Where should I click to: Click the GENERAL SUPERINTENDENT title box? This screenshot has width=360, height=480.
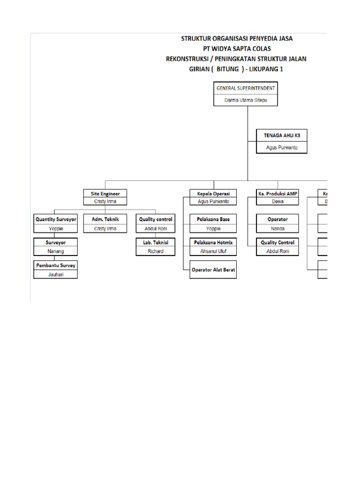point(246,88)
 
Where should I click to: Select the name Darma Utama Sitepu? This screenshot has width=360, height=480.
point(246,100)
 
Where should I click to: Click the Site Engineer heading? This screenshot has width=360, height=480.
point(105,193)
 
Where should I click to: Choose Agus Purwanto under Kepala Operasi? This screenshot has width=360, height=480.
point(214,202)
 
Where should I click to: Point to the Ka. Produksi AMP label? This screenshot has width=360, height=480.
point(277,193)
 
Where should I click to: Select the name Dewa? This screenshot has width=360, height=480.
point(277,202)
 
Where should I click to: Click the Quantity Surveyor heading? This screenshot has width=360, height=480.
point(55,219)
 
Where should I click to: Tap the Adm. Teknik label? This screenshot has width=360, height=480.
point(105,219)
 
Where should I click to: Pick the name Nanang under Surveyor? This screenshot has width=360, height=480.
point(55,251)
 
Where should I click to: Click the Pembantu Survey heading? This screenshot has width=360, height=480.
point(55,265)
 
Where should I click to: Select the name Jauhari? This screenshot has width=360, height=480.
point(55,274)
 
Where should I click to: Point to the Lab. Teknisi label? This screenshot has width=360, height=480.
point(156,242)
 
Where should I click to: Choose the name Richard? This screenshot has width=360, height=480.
point(156,251)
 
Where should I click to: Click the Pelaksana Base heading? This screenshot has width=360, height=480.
point(213,219)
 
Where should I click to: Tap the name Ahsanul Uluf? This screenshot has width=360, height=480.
point(213,251)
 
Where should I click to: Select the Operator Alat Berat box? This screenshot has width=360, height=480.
point(213,270)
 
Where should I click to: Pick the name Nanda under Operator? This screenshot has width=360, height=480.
point(277,229)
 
